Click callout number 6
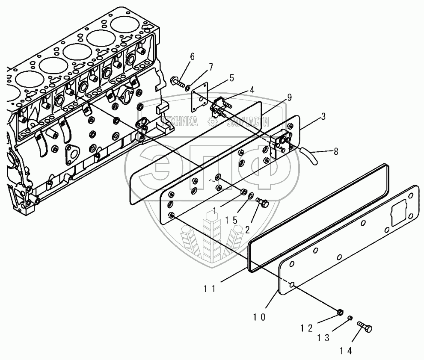click(192, 57)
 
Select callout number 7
click(211, 67)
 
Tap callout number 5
click(231, 78)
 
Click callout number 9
click(289, 98)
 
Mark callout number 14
click(346, 351)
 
